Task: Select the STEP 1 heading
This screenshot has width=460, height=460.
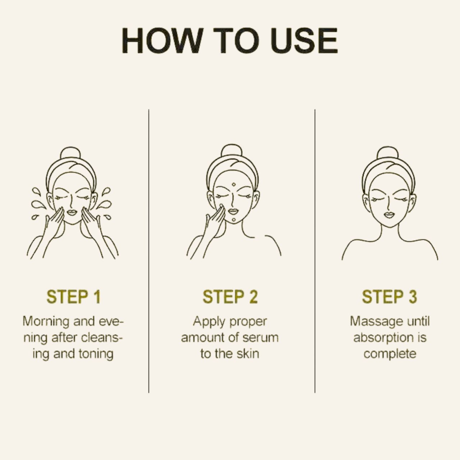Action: [74, 297]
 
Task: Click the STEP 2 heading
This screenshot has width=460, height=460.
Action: [230, 297]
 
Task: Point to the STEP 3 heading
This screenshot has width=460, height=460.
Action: [390, 297]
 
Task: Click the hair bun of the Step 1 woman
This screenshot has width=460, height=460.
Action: [70, 153]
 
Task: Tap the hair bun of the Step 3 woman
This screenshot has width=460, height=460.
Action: [388, 153]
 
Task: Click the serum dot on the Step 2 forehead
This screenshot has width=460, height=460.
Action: [234, 184]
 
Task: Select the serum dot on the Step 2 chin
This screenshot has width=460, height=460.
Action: [234, 219]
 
